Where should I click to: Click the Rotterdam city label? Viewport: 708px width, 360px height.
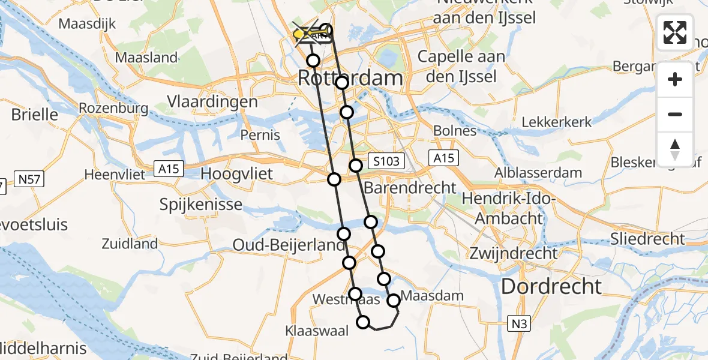[350, 79]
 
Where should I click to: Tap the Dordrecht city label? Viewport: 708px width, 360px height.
[551, 286]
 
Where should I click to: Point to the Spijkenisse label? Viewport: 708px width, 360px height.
[201, 204]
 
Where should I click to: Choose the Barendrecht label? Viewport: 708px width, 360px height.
[419, 188]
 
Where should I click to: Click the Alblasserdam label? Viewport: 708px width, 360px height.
[538, 173]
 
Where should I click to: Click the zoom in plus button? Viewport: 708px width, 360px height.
[675, 80]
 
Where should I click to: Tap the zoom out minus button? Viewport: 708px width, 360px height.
[675, 114]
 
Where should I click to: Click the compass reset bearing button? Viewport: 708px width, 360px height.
[675, 149]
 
